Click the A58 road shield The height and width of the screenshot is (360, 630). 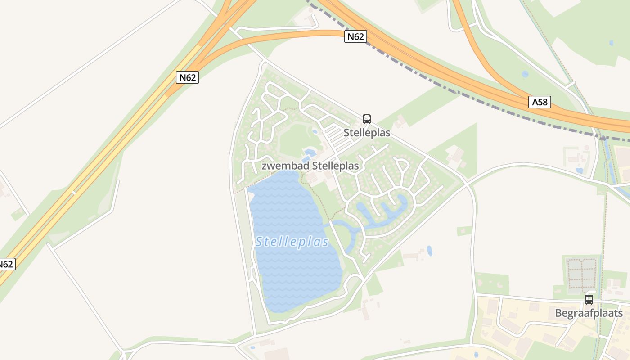[x=540, y=102]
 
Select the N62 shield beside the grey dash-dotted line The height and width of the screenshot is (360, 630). [x=355, y=36]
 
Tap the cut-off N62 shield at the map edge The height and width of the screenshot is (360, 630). [x=6, y=264]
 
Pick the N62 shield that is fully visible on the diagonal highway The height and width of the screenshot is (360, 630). [x=187, y=77]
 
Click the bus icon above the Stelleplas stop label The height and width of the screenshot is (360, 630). [x=367, y=119]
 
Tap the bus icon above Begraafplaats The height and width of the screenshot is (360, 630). [x=589, y=300]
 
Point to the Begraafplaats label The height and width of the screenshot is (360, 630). [x=589, y=313]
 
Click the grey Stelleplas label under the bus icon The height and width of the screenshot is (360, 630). [x=367, y=133]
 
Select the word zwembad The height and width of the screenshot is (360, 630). [x=281, y=166]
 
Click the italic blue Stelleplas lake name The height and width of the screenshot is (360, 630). [x=292, y=242]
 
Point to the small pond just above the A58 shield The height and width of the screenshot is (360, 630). [x=525, y=74]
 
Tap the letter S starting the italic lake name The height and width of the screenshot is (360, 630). [x=259, y=242]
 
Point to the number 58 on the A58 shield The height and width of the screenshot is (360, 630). [x=543, y=102]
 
